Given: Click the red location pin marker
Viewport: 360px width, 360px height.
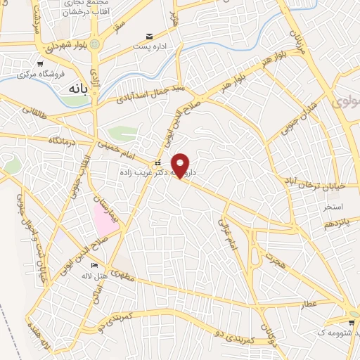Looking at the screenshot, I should tap(181, 165).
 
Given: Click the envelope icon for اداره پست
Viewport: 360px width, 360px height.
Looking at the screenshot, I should tap(148, 36).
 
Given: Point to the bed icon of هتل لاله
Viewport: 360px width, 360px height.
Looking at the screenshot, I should tap(94, 266).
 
